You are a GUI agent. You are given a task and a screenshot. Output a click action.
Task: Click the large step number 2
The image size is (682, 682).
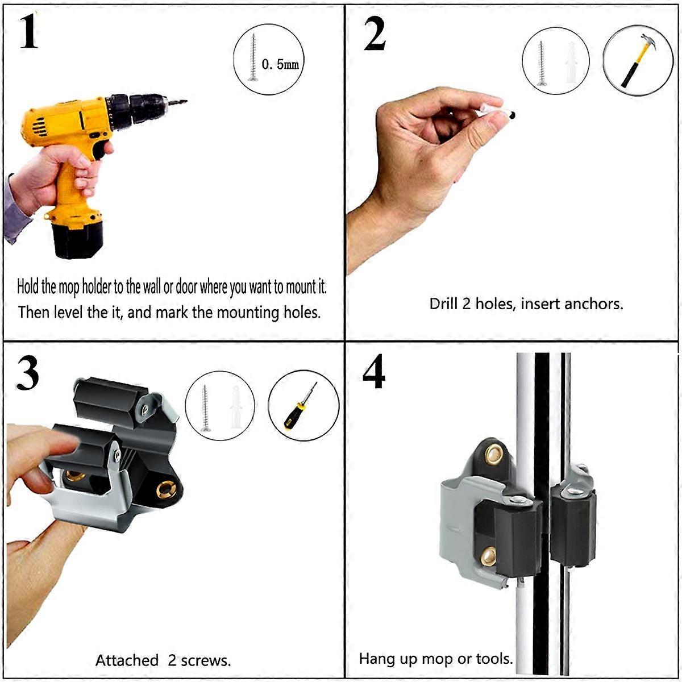tap(375, 33)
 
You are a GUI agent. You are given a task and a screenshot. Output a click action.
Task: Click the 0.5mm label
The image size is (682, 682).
tap(280, 64)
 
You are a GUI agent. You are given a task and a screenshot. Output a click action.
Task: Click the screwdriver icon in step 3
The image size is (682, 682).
tap(301, 405)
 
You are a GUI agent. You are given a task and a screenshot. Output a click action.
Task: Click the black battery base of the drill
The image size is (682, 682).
tap(78, 240)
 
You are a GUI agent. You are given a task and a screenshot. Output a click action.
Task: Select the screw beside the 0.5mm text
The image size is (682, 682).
tap(253, 57)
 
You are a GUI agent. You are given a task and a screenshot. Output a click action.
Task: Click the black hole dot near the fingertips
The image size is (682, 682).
tap(512, 115)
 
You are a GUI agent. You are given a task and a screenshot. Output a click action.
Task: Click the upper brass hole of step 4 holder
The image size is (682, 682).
tap(493, 454)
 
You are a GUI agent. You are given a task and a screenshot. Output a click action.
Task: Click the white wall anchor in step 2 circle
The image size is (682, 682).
tap(571, 63)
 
